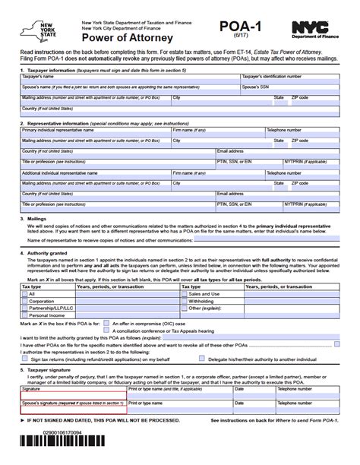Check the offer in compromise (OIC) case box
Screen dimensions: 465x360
tap(104, 322)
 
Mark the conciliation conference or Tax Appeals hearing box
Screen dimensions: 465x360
tap(104, 330)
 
